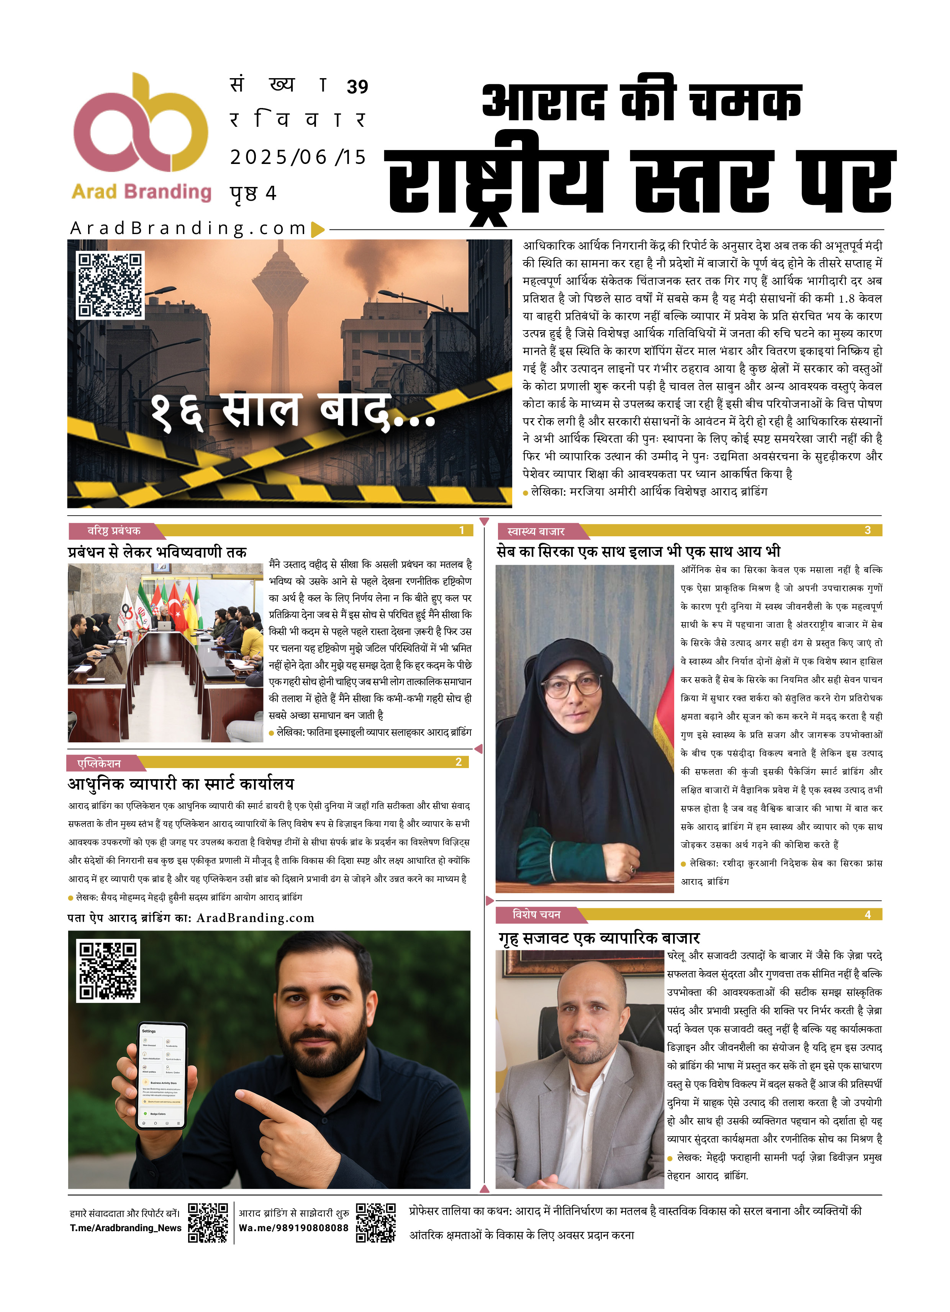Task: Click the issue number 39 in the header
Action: click(x=357, y=87)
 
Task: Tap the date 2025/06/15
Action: click(x=298, y=157)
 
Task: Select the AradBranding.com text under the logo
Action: click(x=188, y=229)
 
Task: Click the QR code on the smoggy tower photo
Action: click(x=110, y=285)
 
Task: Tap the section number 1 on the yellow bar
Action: click(x=461, y=531)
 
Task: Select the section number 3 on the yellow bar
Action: click(x=867, y=531)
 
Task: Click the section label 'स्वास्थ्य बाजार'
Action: click(x=535, y=531)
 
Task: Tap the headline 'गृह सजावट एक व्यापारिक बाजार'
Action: click(x=599, y=938)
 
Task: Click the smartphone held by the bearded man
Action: click(x=162, y=1076)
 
